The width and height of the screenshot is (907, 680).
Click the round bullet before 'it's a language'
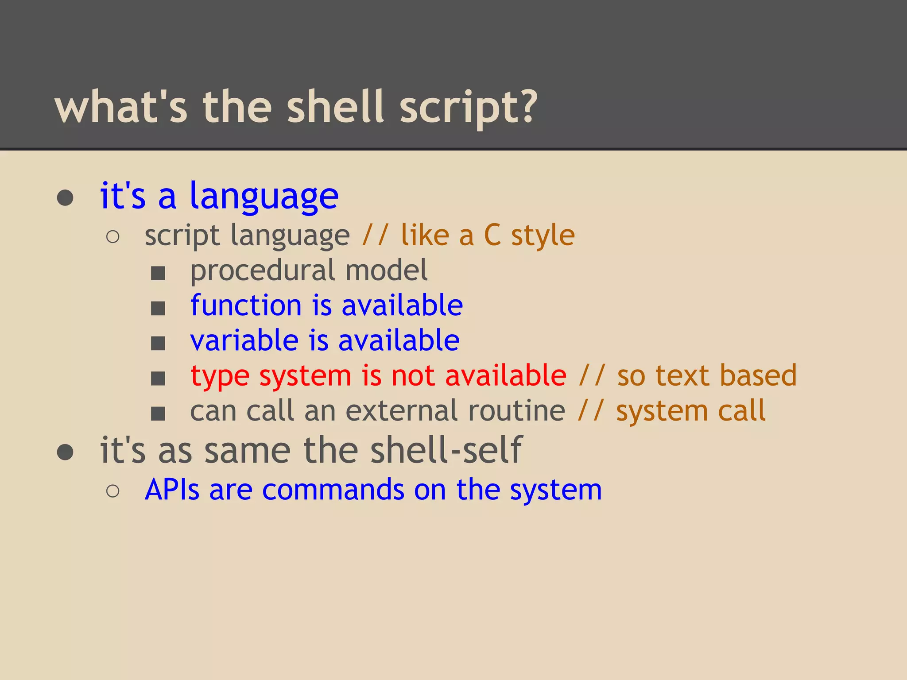coord(65,198)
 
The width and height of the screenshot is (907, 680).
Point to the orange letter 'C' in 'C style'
coord(492,235)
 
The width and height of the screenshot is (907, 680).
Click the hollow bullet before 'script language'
coord(113,237)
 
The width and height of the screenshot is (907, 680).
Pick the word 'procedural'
coord(263,271)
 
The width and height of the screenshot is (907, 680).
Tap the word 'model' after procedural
coord(386,270)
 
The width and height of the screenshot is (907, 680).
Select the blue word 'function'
coord(246,305)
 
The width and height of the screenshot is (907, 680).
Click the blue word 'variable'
coord(244,340)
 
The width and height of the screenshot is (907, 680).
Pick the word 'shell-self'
coord(446,450)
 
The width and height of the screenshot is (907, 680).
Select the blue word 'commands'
coord(333,490)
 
